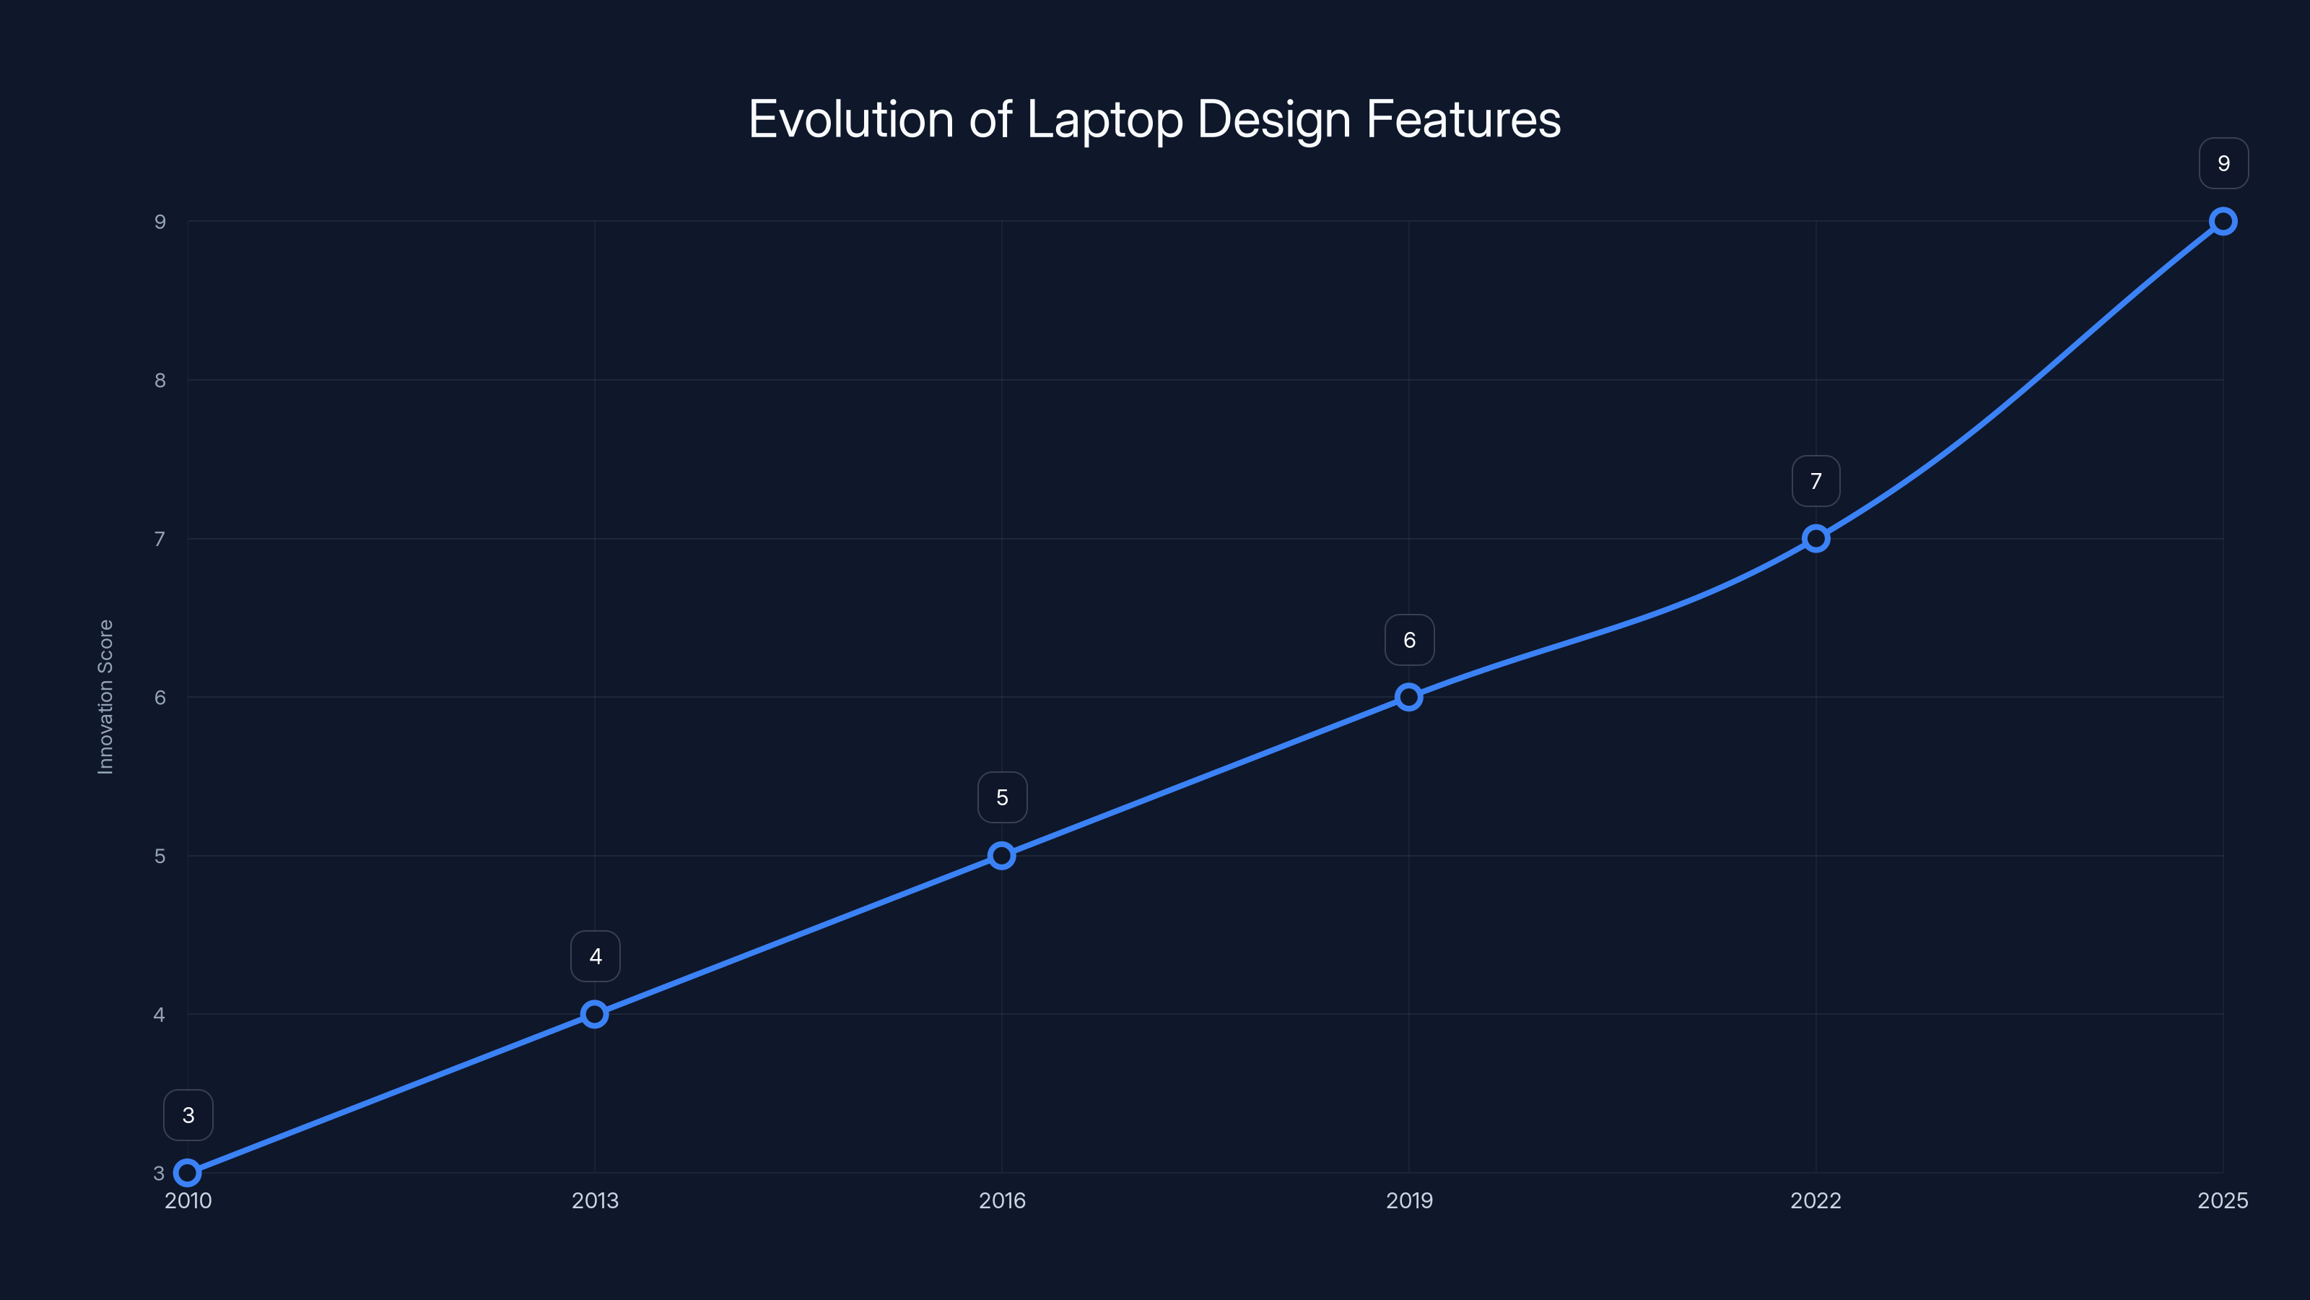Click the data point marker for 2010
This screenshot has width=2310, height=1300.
point(188,1173)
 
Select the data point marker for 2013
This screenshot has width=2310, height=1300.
point(595,1014)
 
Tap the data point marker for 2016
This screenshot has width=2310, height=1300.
point(1002,856)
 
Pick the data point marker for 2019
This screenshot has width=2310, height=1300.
point(1409,697)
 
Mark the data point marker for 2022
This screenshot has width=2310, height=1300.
point(1816,538)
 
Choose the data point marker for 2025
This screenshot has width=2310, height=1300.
point(2223,222)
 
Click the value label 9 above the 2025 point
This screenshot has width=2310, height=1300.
point(2223,163)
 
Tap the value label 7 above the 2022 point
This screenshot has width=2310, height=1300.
point(1816,481)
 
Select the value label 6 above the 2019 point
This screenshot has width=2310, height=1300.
point(1409,640)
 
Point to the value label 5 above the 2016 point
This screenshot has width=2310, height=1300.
point(1002,797)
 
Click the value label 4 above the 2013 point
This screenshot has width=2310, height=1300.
point(596,956)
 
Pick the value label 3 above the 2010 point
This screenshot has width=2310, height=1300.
point(188,1115)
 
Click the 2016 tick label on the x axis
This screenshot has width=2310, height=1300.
point(1002,1200)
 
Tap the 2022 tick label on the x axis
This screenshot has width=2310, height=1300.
point(1816,1200)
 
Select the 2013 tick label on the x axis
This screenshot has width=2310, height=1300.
point(595,1200)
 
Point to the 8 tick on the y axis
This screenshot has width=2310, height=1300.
point(160,381)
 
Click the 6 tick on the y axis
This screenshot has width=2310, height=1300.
point(160,697)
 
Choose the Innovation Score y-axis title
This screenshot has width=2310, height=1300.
point(106,696)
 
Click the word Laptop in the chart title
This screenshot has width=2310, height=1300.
point(1103,120)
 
